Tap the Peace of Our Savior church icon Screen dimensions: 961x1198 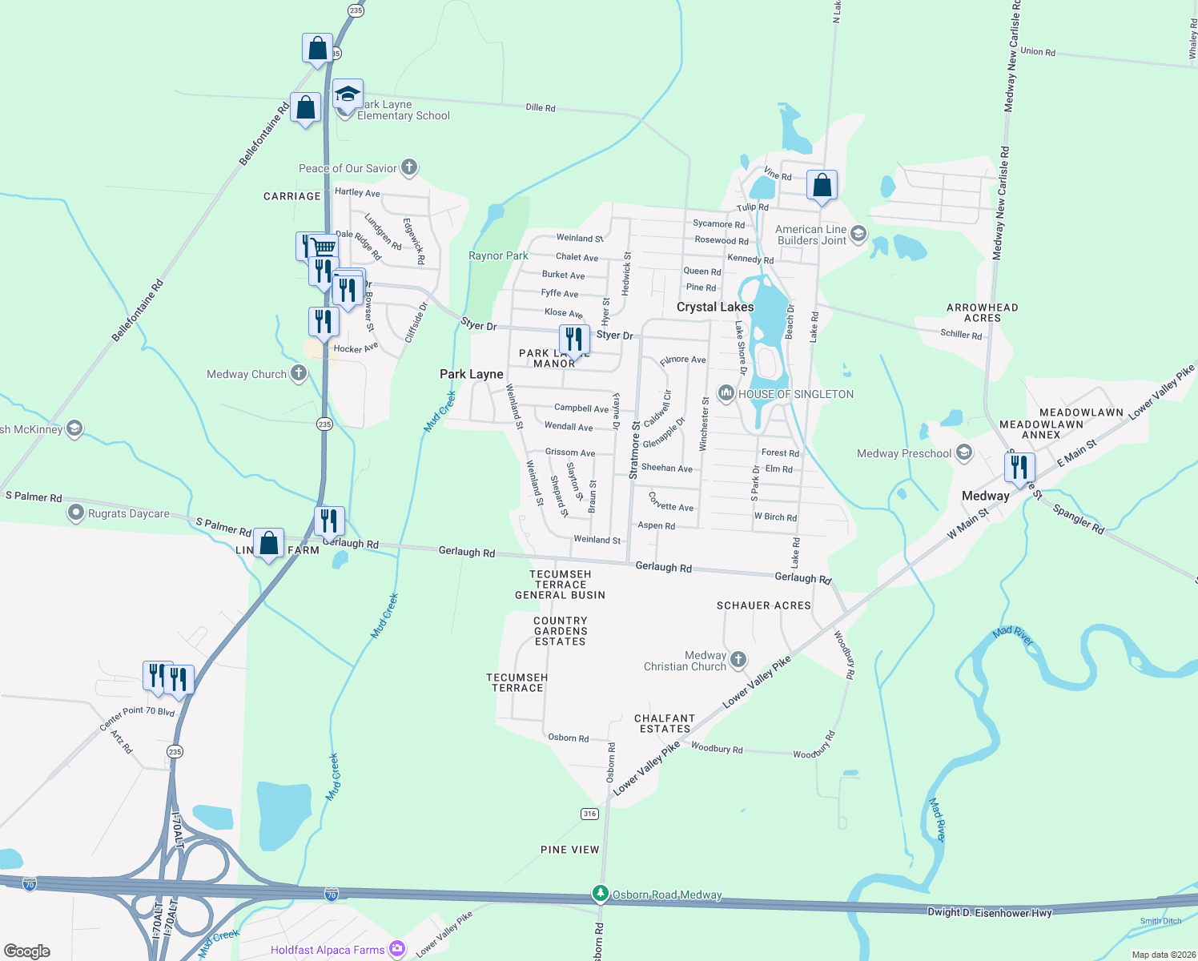pos(409,167)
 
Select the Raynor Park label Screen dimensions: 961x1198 pos(498,255)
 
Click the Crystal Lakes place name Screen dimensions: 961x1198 pos(715,307)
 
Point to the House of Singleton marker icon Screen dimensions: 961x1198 pos(726,392)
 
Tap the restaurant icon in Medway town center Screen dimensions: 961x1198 pos(1019,466)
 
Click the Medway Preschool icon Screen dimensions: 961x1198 pos(964,453)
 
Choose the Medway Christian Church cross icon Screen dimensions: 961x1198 pos(738,659)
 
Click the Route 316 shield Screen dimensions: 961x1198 pos(589,814)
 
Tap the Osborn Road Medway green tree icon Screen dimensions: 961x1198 pos(600,893)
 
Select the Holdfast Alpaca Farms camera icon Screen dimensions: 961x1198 pos(397,949)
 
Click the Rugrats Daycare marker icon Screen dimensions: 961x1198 pos(76,513)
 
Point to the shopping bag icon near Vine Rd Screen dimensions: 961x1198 pos(822,186)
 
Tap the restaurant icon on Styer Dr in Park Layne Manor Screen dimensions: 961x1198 pos(574,340)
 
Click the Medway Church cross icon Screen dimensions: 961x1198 pos(299,372)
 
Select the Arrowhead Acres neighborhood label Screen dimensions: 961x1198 pos(983,312)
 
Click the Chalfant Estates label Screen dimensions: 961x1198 pos(665,723)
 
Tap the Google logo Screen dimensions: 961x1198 pos(27,951)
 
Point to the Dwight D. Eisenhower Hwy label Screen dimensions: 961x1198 pos(989,911)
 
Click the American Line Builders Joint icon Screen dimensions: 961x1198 pos(858,234)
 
